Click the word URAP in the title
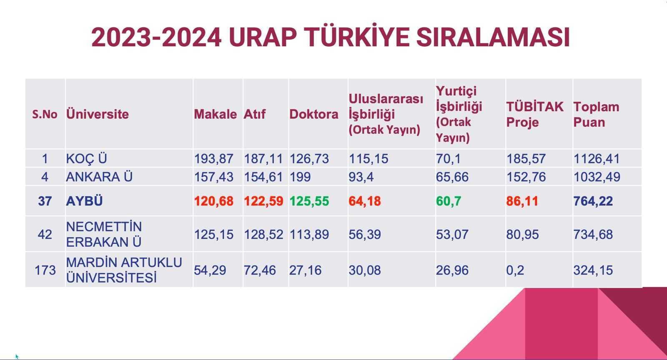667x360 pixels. (263, 37)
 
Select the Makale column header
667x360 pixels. (215, 114)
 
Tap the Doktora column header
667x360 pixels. (314, 114)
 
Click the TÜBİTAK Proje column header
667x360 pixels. (535, 115)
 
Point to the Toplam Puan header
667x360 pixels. (596, 115)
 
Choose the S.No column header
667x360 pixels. (45, 114)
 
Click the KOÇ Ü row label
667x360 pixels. (86, 159)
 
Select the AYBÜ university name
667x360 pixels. (84, 201)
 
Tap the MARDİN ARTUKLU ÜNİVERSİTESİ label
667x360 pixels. (124, 270)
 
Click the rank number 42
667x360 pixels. (45, 235)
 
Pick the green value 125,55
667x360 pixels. (309, 201)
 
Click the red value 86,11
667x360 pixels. (522, 201)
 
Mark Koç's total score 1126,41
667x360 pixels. (597, 159)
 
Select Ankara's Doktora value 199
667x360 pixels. (300, 177)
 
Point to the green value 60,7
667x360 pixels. (449, 201)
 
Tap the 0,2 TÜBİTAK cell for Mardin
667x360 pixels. (515, 270)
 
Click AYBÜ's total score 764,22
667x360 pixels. (593, 201)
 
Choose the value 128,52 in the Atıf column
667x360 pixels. (263, 235)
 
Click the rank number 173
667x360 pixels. (45, 270)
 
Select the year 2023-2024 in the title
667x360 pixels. (156, 37)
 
